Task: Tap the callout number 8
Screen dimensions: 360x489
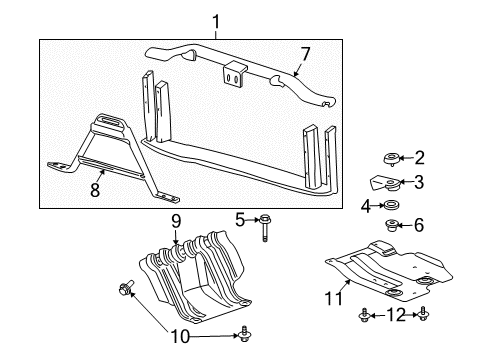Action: [95, 189]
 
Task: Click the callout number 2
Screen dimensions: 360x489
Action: [419, 157]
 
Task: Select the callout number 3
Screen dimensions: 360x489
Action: [419, 182]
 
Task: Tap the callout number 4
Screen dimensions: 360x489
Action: [366, 206]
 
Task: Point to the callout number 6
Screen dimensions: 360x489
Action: [419, 226]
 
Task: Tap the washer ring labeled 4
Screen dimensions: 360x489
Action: [391, 206]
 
